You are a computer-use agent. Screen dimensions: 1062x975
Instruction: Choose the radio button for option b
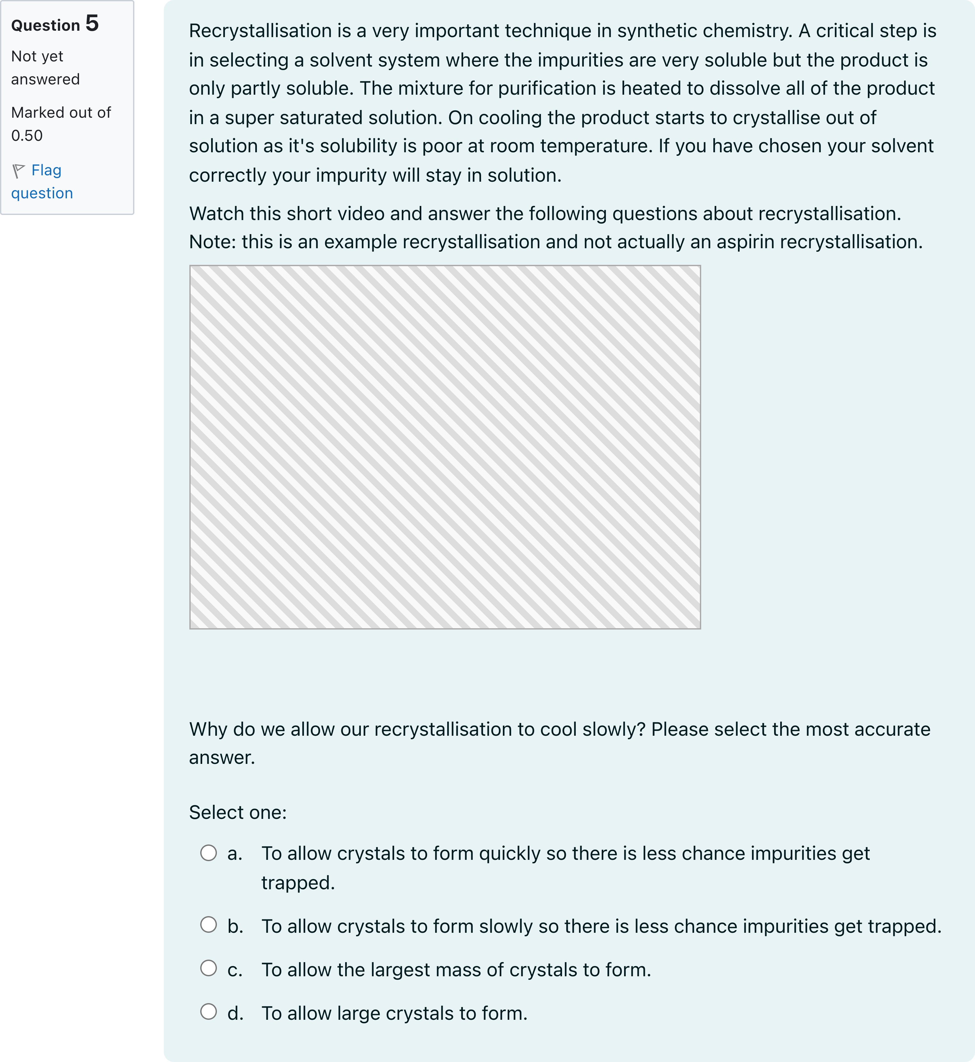point(208,924)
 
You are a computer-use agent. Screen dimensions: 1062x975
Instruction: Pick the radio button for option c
point(208,968)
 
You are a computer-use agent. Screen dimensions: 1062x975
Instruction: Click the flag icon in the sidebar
point(19,170)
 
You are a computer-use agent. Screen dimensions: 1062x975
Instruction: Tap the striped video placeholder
point(445,447)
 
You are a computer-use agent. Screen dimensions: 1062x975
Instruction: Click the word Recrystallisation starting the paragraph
point(261,31)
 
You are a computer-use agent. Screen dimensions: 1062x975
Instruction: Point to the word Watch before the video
point(216,214)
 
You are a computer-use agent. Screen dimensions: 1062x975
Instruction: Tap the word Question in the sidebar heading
point(45,25)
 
